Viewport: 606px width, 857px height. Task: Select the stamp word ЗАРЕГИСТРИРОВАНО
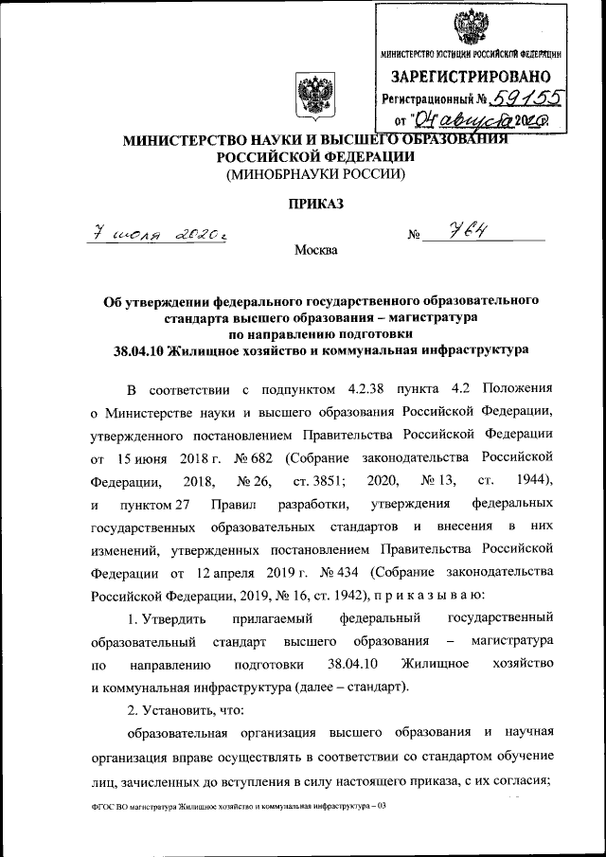coord(470,75)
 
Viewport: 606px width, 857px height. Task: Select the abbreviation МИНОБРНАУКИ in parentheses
coord(279,174)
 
